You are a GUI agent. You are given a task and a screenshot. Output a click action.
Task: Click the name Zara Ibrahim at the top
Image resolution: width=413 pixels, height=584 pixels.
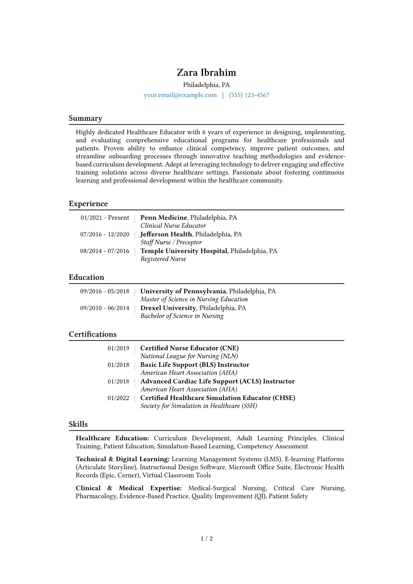[206, 73]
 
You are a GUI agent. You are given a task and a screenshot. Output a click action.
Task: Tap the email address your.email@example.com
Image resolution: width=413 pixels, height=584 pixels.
[180, 95]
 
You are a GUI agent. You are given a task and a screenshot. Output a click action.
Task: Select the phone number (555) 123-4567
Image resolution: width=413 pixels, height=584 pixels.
[249, 95]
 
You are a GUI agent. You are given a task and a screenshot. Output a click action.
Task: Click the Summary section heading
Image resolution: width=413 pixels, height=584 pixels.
[85, 118]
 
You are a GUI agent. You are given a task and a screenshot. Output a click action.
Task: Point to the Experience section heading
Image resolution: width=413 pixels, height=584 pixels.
[88, 204]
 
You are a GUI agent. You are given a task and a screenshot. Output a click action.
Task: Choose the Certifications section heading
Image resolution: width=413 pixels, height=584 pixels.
[93, 334]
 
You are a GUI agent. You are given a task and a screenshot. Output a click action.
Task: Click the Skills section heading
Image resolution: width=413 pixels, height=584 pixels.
[78, 424]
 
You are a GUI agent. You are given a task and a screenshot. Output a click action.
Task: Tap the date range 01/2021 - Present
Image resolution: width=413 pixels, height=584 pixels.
[105, 218]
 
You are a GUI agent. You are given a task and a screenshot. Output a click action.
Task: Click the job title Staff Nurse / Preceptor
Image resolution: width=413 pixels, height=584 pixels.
[171, 242]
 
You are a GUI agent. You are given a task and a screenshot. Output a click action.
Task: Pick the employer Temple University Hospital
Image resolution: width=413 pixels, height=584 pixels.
[184, 251]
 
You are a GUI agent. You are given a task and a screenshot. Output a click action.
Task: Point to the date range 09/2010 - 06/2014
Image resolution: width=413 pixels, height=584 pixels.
[104, 308]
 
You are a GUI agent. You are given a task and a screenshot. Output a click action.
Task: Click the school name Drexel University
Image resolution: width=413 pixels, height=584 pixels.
[168, 308]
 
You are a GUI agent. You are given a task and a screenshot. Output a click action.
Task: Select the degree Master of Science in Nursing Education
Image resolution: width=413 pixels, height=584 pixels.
[194, 299]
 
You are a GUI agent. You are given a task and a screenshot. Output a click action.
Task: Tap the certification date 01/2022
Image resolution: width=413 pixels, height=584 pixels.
[118, 398]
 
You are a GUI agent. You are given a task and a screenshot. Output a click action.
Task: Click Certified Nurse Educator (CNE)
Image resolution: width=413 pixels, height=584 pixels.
[189, 348]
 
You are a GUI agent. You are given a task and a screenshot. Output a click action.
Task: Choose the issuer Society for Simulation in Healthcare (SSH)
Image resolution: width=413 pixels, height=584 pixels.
[199, 406]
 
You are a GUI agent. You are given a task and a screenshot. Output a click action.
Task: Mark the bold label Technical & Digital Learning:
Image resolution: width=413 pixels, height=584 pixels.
[123, 459]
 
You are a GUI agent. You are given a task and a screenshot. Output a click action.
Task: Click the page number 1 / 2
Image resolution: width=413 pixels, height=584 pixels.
[206, 539]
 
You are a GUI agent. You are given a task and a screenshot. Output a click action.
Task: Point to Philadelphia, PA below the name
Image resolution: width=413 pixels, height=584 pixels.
[206, 85]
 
